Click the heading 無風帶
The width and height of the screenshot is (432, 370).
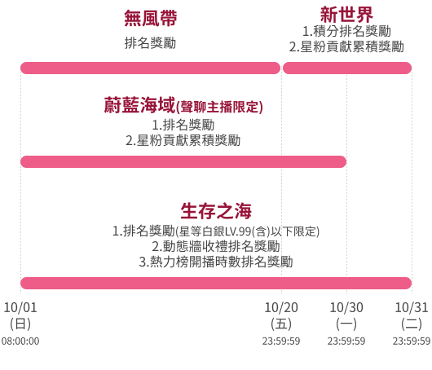[151, 18]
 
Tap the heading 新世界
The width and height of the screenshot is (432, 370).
[346, 15]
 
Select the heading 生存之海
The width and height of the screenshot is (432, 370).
[216, 211]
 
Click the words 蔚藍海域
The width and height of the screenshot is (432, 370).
[139, 105]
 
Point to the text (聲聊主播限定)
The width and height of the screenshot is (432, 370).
[219, 107]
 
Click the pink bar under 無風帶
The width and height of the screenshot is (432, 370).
[151, 68]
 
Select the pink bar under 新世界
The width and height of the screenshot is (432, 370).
[347, 68]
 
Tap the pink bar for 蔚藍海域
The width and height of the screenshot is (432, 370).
[183, 161]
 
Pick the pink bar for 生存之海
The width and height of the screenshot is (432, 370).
[216, 284]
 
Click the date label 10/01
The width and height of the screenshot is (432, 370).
[20, 307]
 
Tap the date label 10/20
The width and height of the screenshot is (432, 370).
[281, 307]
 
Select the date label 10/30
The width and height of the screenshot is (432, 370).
[346, 307]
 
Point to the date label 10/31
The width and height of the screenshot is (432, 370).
[412, 307]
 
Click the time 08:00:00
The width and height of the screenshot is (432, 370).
[20, 341]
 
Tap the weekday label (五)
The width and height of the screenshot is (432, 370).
[281, 324]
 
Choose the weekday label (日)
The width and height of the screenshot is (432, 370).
[20, 324]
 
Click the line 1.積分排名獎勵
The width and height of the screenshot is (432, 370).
[346, 31]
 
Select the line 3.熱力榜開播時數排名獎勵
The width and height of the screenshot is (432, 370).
[216, 262]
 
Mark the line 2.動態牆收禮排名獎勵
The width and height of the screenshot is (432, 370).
[216, 246]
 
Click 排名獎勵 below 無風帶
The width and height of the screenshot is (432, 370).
[151, 43]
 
